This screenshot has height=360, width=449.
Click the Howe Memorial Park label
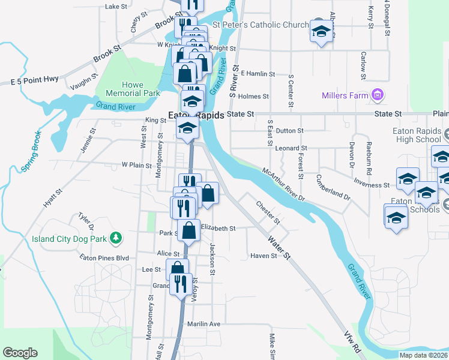124,89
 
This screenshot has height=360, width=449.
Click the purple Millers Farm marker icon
378,94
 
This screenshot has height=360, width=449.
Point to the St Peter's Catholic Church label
261,25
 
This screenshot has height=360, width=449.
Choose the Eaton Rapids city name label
196,115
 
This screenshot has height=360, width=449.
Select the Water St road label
279,248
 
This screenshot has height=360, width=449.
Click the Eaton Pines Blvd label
104,257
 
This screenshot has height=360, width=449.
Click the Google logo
20,353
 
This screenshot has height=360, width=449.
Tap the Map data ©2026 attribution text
423,355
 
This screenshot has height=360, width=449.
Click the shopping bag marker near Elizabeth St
188,230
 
